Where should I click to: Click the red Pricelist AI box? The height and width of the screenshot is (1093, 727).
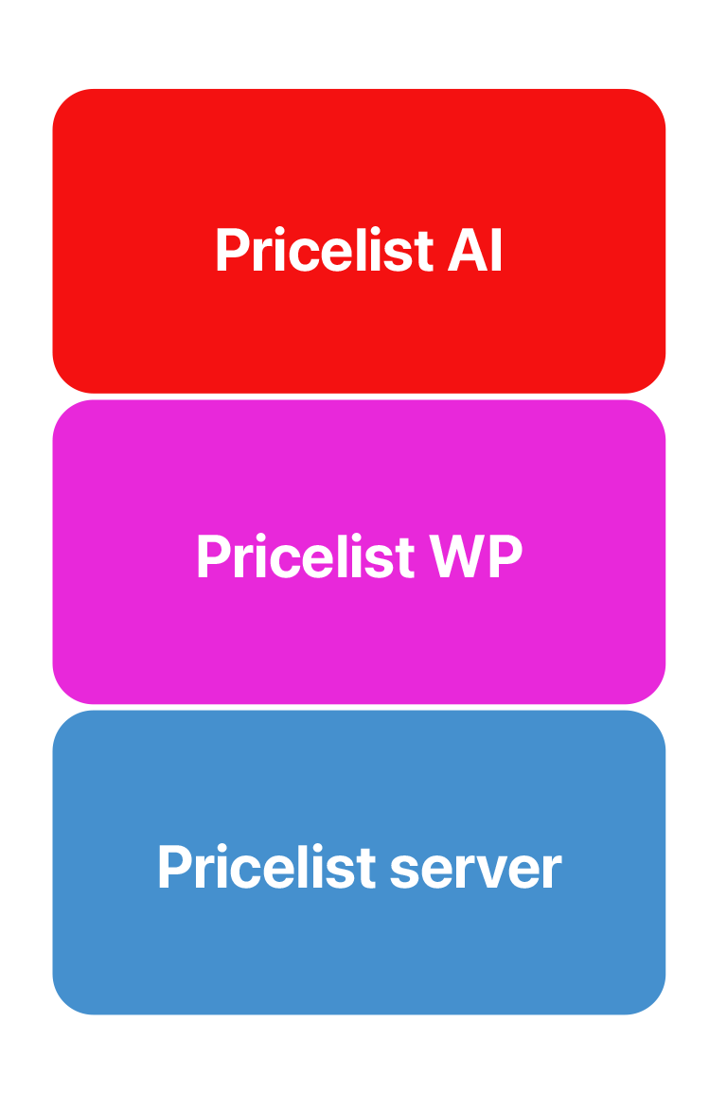point(359,240)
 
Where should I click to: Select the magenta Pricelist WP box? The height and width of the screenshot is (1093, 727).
point(359,552)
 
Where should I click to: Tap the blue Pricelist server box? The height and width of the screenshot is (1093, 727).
point(359,862)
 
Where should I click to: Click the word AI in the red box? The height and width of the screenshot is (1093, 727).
point(474,250)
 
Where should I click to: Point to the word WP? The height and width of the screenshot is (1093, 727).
point(475,556)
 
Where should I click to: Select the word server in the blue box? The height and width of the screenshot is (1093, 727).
point(475,868)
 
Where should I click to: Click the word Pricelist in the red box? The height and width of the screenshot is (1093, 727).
point(325,250)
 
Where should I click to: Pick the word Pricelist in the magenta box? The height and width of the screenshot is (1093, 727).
point(306,556)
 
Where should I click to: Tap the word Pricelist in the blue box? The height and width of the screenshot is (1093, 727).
point(267,867)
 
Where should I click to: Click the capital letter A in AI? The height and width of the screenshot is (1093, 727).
point(467,250)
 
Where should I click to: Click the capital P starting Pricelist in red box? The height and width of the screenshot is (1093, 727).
point(233,250)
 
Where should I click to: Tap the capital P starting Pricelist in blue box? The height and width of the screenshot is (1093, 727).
point(175,867)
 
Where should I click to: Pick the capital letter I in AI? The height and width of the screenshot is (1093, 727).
point(497,250)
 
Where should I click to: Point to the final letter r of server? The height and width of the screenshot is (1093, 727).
point(553,871)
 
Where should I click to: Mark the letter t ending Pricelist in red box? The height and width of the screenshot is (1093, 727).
point(424,253)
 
